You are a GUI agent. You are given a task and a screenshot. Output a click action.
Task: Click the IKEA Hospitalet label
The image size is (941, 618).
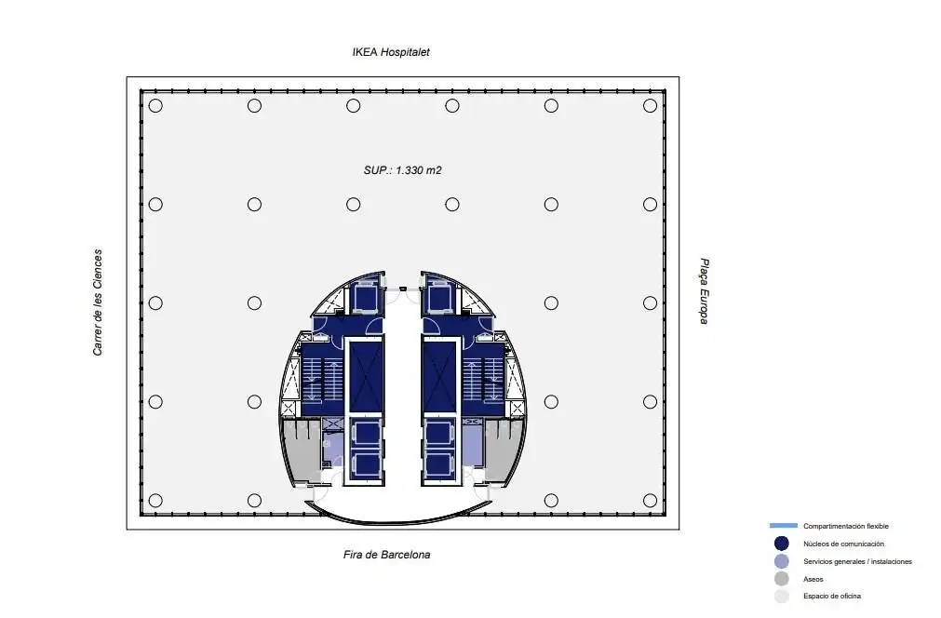[x=391, y=52]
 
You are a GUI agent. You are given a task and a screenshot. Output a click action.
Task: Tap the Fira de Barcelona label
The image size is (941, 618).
[x=386, y=555]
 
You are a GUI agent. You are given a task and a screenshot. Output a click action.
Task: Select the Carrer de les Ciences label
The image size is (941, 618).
[x=97, y=303]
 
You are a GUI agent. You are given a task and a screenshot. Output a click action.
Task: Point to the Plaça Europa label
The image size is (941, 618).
[x=705, y=291]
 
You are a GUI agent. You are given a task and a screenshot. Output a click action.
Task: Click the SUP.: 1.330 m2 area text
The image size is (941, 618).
[x=402, y=170]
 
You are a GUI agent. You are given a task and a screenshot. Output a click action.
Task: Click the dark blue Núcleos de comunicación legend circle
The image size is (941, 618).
[x=781, y=544]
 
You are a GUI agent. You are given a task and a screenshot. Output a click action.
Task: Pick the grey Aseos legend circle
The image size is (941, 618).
[x=781, y=579]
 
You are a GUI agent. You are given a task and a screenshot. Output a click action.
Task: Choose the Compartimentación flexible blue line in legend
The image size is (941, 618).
[x=783, y=526]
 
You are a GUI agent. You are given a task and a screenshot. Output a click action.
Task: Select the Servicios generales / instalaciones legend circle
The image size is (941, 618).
[x=781, y=561]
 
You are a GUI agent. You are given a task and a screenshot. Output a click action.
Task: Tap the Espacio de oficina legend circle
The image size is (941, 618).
[x=781, y=597]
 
